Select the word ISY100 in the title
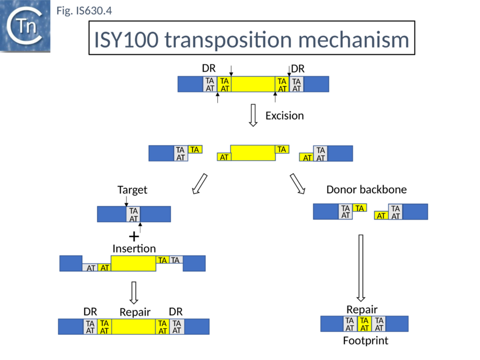coord(125,40)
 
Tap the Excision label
coord(284,115)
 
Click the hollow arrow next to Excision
coord(253,115)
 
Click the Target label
coord(132,190)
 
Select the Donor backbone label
coord(366,190)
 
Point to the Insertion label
coord(134,248)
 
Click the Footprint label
coord(365,341)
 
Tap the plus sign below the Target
coord(134,236)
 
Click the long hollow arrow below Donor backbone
coord(361,268)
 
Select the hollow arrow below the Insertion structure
coord(134,292)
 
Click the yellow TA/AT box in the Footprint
coord(364,324)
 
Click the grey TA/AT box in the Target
coord(134,214)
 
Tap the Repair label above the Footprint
coord(362,310)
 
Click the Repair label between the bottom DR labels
coord(135,312)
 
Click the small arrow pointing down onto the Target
coord(126,203)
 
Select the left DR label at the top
coord(208,69)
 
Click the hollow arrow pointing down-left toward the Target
coord(199,184)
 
